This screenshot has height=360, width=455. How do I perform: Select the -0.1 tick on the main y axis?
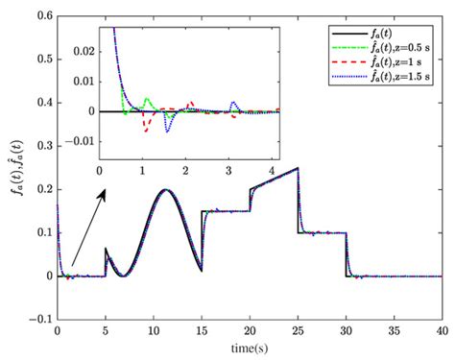click(x=41, y=318)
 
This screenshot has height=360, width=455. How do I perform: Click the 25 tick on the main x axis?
click(x=298, y=330)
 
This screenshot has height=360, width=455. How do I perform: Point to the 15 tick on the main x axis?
click(x=202, y=330)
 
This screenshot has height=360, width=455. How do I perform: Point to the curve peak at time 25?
click(x=298, y=169)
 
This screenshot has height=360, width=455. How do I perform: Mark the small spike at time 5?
click(x=106, y=250)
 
